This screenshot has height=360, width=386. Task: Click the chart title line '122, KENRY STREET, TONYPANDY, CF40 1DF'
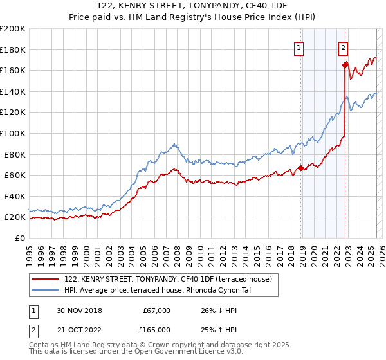(193, 6)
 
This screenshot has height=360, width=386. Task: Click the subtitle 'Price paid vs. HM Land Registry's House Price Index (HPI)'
(193, 17)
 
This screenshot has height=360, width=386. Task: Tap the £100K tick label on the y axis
(13, 133)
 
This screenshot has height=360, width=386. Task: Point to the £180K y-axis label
(13, 50)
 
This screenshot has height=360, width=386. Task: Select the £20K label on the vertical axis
(15, 217)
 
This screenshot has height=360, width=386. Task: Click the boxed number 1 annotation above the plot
(300, 46)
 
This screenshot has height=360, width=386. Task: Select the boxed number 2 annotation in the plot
(344, 46)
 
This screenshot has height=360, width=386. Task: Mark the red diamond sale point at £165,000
(345, 65)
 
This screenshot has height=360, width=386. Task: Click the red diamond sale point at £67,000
(301, 168)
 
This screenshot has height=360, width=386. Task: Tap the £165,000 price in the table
(156, 330)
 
